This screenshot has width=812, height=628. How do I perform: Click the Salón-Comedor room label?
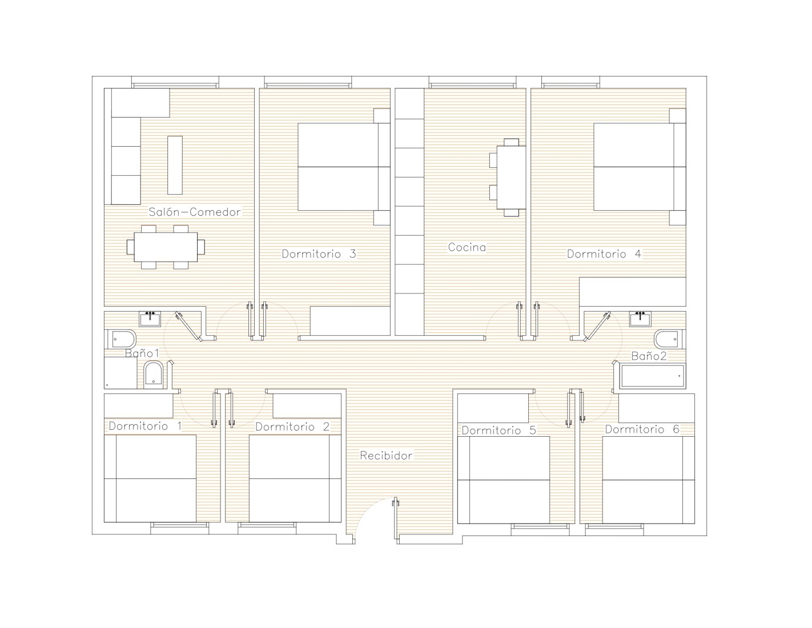195,212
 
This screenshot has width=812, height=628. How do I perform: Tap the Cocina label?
467,247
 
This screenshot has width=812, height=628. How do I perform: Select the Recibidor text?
386,456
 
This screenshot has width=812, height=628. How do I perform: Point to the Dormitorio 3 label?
319,254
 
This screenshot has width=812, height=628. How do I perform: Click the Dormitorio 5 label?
499,430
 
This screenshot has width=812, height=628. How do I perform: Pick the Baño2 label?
649,356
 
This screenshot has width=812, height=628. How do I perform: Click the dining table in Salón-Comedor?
166,247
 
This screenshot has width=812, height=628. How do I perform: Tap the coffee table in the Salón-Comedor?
175,165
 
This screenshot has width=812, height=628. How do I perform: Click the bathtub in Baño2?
653,376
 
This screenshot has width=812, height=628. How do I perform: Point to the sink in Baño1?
150,319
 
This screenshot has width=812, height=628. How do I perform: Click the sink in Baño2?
640,319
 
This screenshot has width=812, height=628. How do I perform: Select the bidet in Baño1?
153,375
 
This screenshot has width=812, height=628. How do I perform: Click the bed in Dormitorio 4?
640,167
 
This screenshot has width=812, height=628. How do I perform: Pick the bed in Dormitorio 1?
150,478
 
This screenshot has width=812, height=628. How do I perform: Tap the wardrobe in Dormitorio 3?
350,321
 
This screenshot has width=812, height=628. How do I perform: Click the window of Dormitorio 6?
614,526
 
